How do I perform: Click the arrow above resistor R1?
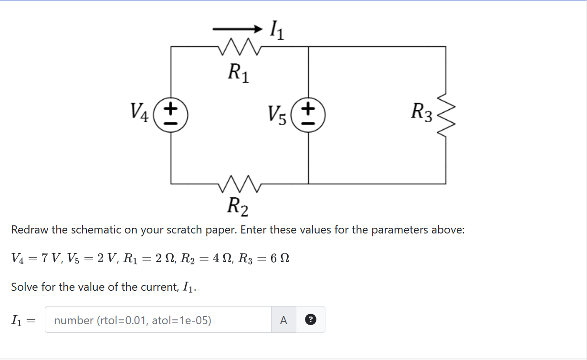(x=238, y=30)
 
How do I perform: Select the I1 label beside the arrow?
(x=276, y=31)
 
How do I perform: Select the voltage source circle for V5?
(x=308, y=115)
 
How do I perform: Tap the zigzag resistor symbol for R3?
(x=446, y=115)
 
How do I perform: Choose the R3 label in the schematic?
(x=422, y=113)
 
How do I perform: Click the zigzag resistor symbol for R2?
(x=238, y=183)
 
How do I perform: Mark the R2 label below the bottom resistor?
(x=238, y=206)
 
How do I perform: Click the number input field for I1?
(x=158, y=320)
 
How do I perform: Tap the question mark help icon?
(x=310, y=320)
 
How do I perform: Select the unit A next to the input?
(x=283, y=320)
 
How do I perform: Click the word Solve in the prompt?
(x=24, y=287)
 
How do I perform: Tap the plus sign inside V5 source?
(x=309, y=108)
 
